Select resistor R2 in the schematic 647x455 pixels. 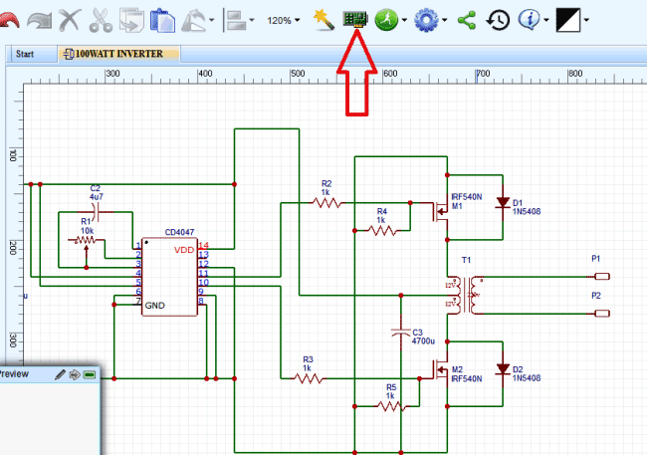326,203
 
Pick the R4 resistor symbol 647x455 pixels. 382,230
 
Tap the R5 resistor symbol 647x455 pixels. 390,406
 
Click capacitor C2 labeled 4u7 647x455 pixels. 96,212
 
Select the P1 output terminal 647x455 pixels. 600,276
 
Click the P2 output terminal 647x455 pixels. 600,314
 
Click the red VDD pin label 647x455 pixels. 184,250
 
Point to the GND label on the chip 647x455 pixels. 155,305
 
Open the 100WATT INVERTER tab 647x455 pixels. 118,54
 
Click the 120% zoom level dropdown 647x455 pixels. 285,20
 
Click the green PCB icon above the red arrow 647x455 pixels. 353,19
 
